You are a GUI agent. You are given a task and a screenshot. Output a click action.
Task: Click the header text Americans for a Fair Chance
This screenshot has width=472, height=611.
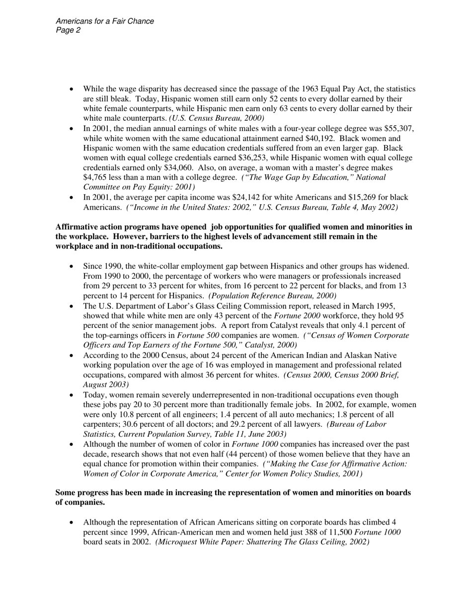click(105, 21)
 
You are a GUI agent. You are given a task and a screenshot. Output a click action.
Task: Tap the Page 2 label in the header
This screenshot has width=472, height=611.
click(69, 30)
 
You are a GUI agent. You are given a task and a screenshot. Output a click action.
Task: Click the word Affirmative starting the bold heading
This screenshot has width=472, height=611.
click(77, 227)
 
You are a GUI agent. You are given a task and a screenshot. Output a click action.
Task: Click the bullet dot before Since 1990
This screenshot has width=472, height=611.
click(72, 266)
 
